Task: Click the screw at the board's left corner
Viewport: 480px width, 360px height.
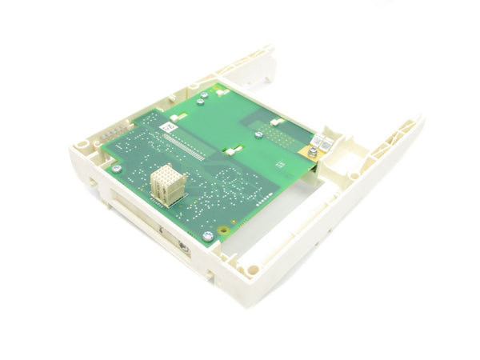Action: click(118, 168)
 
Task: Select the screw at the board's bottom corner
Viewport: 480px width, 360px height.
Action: click(208, 236)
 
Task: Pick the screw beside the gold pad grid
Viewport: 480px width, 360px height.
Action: click(258, 134)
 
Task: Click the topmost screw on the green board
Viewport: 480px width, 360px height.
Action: click(204, 95)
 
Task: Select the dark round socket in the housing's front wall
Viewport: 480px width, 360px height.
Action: click(182, 247)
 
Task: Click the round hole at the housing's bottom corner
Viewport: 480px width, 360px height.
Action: click(253, 270)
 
